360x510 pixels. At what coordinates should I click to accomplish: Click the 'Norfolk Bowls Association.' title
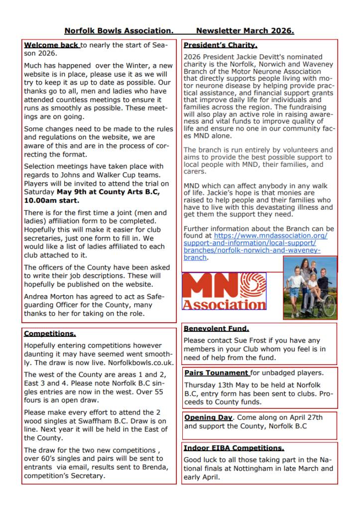119,31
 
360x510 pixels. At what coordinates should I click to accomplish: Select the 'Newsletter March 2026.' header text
245,31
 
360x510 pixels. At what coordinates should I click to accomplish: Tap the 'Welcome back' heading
51,45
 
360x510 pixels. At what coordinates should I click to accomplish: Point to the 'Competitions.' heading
50,334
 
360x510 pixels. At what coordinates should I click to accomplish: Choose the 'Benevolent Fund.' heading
216,329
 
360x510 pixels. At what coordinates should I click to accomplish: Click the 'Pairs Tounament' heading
216,373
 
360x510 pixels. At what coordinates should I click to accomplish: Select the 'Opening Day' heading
208,417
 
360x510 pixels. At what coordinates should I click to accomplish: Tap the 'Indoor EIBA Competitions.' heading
234,448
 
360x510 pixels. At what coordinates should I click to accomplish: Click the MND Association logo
224,291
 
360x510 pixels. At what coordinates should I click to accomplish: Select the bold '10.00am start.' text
51,200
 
